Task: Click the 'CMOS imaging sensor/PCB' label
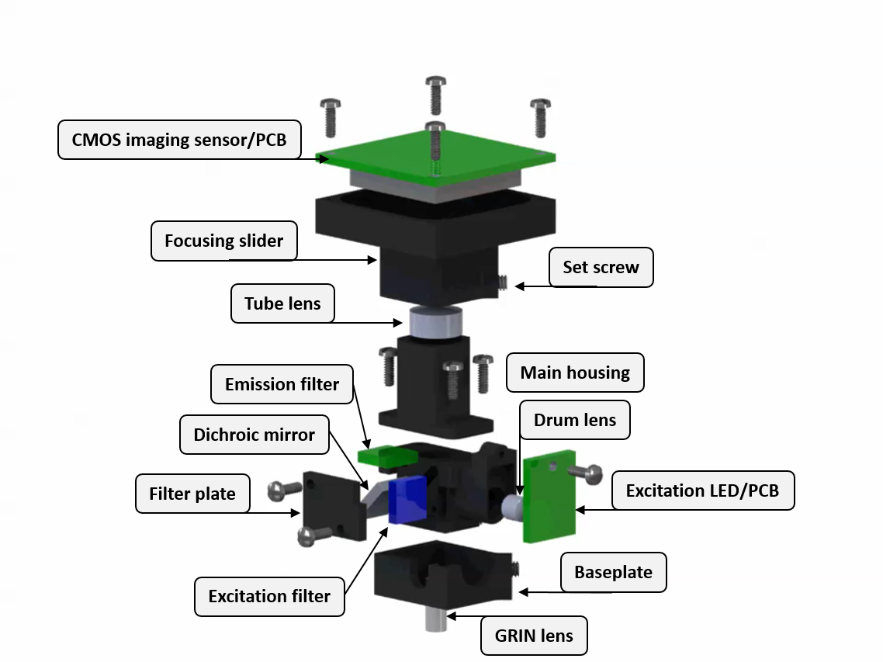(x=179, y=140)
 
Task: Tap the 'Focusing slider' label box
(x=223, y=241)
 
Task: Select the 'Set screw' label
(x=601, y=267)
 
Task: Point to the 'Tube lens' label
(x=282, y=303)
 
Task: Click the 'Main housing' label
(x=575, y=373)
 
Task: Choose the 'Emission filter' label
(x=282, y=384)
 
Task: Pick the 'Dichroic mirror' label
(x=254, y=435)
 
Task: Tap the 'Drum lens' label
(x=574, y=420)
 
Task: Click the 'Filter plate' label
(x=192, y=494)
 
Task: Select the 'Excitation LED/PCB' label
(x=702, y=490)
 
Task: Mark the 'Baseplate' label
(x=613, y=573)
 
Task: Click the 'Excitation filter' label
(x=269, y=596)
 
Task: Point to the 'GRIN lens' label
(x=534, y=636)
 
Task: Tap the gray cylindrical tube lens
(x=435, y=322)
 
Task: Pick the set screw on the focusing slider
(x=502, y=285)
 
